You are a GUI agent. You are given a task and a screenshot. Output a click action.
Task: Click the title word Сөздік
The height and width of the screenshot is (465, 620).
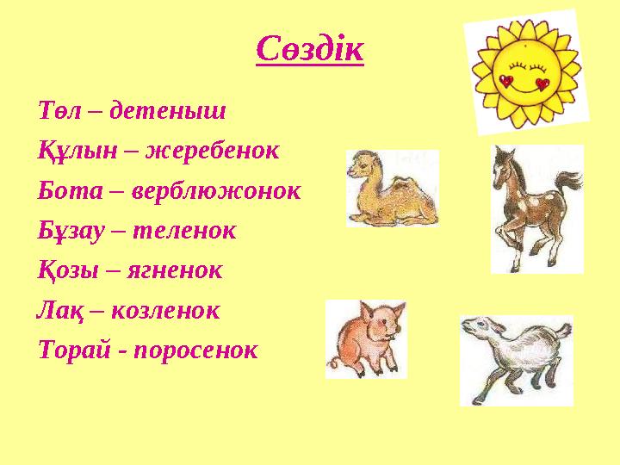coord(310,49)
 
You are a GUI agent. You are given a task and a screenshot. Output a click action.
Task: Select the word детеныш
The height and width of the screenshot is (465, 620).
coord(168,110)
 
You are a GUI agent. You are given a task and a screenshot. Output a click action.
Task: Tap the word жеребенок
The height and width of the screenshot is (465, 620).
coord(213,150)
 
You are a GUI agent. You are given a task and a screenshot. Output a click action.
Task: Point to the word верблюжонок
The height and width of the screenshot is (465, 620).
coord(216,190)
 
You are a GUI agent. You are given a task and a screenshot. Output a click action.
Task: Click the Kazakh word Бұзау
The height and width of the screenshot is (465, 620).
coord(71,231)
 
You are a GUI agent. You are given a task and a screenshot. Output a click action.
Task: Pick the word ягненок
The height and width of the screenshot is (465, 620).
coord(175,271)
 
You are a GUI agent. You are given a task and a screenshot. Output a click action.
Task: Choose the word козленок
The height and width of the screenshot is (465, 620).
coord(165,310)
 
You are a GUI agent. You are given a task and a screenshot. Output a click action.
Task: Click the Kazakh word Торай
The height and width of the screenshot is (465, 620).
coord(74,350)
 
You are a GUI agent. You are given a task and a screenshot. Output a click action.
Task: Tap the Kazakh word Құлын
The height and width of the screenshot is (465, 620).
coord(77,151)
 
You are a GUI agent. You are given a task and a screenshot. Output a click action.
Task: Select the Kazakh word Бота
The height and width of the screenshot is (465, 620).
coord(71,190)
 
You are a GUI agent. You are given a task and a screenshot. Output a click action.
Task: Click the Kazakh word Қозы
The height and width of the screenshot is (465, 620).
coord(68,271)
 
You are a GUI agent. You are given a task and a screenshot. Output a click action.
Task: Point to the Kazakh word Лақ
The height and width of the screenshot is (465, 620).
coord(60,311)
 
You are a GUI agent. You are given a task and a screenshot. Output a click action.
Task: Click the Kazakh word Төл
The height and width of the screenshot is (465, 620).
coord(59,110)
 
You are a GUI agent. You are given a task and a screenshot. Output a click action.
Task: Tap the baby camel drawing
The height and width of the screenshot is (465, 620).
coord(393,189)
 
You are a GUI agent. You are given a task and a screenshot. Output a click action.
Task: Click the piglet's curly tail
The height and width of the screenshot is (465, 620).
coord(333,363)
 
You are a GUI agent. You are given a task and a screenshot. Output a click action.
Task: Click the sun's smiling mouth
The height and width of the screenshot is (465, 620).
coord(523,89)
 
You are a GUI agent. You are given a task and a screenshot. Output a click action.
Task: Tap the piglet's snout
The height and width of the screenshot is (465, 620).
coord(393,336)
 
